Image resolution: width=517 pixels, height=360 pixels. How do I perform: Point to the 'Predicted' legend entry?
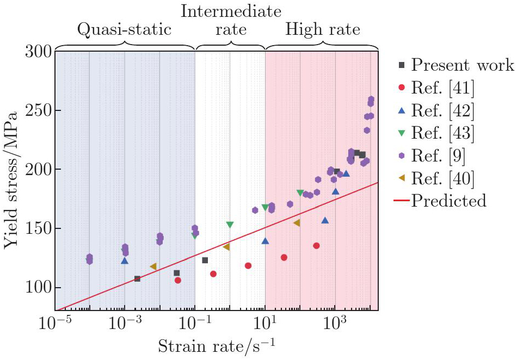pyautogui.click(x=440, y=200)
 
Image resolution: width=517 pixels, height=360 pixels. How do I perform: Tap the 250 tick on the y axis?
pyautogui.click(x=38, y=110)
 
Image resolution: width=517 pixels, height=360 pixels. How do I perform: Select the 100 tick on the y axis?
pyautogui.click(x=38, y=288)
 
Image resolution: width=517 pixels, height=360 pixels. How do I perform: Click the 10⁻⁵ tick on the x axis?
pyautogui.click(x=55, y=322)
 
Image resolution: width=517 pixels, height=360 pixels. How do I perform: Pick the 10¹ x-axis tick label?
pyautogui.click(x=266, y=322)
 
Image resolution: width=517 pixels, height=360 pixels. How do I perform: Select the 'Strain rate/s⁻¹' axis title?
pyautogui.click(x=216, y=346)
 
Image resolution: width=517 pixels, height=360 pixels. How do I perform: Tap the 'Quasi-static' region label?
pyautogui.click(x=124, y=29)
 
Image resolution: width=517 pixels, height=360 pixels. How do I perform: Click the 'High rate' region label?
pyautogui.click(x=322, y=29)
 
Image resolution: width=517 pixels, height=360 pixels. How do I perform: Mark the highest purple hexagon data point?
pyautogui.click(x=371, y=99)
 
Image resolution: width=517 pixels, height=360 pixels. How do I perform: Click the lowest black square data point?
pyautogui.click(x=138, y=278)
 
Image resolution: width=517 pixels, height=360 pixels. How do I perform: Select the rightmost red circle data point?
pyautogui.click(x=316, y=246)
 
